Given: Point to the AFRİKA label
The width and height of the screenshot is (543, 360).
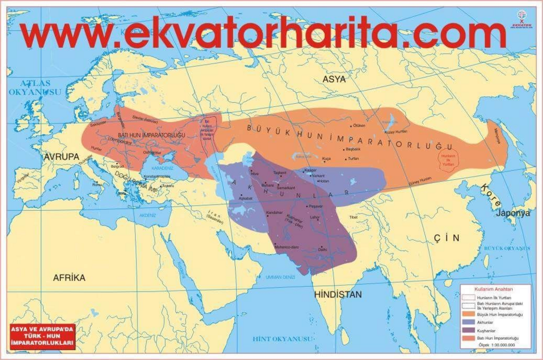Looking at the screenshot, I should (x=69, y=277).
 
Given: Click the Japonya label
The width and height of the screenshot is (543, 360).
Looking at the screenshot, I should (x=512, y=213).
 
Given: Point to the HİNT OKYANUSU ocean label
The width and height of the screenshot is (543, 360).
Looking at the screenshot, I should (x=283, y=339).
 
